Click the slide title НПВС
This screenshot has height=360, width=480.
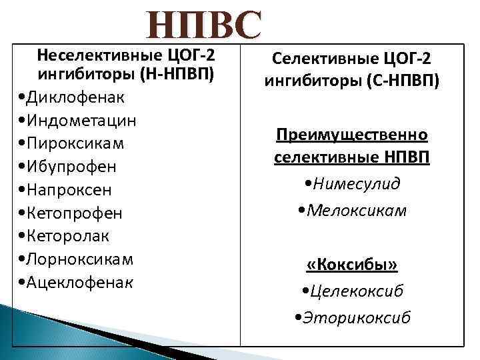(205, 25)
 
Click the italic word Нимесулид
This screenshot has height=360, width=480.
(357, 183)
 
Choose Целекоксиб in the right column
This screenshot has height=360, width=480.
(357, 291)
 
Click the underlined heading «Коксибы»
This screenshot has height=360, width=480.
(352, 265)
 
